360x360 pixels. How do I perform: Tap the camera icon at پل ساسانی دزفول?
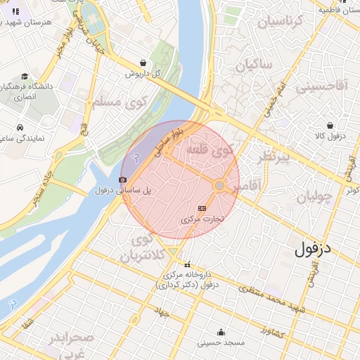click(123, 180)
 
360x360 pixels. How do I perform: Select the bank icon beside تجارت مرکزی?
click(202, 208)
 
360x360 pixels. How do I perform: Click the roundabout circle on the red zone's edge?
click(219, 185)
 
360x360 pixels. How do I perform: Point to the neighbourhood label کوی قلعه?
click(210, 150)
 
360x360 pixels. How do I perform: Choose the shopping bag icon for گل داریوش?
click(144, 63)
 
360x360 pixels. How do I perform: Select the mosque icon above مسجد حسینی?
click(221, 333)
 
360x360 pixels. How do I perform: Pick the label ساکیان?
click(253, 67)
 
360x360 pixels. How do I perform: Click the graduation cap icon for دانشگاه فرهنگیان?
click(25, 77)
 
